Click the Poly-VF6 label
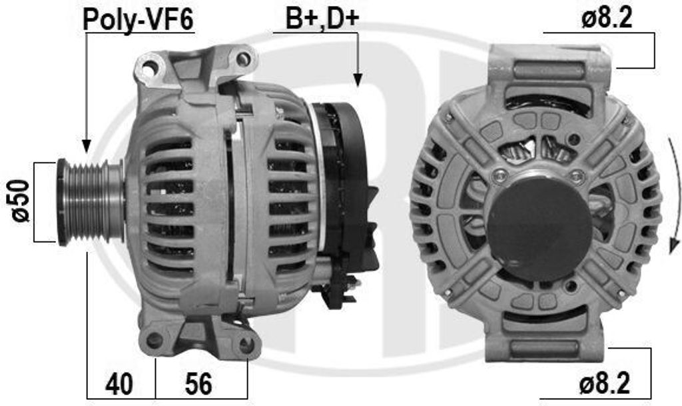(x=138, y=19)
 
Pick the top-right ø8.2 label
(x=605, y=19)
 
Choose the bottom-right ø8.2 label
(x=604, y=384)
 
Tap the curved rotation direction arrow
(x=675, y=193)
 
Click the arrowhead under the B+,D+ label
(x=358, y=80)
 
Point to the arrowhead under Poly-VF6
(x=86, y=145)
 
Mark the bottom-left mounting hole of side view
(x=155, y=340)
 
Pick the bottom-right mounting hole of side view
(x=246, y=345)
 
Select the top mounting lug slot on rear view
(x=549, y=70)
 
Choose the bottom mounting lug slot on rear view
(x=548, y=347)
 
